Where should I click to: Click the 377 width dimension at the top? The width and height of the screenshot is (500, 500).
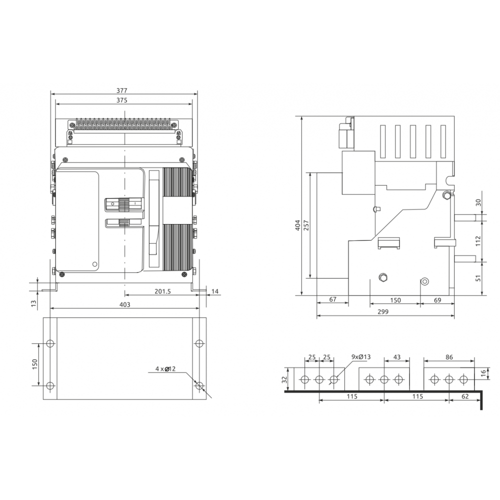point(121,90)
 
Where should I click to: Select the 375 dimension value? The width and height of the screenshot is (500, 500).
point(121,100)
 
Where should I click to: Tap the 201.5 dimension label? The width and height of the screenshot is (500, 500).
point(162,291)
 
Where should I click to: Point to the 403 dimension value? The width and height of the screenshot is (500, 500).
point(124,304)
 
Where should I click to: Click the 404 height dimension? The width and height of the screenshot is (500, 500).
point(297,225)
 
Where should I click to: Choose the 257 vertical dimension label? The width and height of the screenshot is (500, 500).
point(306,225)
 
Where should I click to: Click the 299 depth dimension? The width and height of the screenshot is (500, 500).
point(383,311)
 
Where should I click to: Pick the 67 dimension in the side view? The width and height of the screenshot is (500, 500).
point(332,299)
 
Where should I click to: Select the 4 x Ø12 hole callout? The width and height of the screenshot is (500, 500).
point(165,368)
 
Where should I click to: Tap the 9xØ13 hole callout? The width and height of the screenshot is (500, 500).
point(361,357)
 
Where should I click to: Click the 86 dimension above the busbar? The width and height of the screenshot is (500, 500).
point(449,357)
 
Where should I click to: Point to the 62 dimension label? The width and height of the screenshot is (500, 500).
point(465,396)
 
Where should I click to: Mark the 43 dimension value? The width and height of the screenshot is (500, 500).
point(396,357)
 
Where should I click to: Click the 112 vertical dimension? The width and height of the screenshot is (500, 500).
point(477,241)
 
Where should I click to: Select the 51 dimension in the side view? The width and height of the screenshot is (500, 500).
point(478,278)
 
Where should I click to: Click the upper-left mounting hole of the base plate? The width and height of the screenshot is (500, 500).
point(50,343)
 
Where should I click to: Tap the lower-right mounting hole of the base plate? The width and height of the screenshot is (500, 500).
point(199,385)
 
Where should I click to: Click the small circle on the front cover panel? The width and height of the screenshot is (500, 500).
point(94,264)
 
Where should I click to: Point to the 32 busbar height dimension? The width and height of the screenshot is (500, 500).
point(284,379)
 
